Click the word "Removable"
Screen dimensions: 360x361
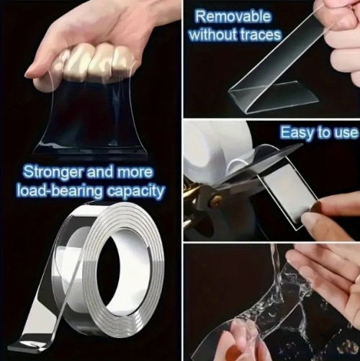point(233,17)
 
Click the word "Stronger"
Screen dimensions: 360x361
point(53,173)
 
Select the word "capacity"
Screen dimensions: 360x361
point(135,192)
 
